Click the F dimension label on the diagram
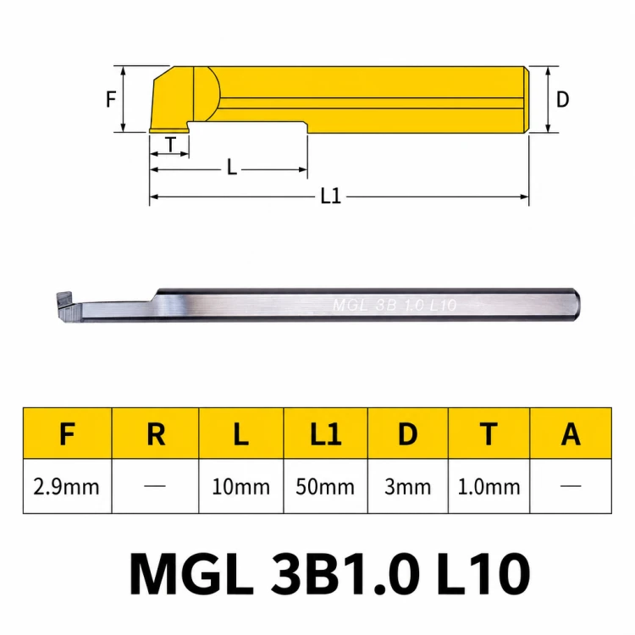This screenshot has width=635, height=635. [111, 99]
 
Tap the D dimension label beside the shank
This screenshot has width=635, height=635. [562, 99]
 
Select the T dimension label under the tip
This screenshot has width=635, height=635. [171, 144]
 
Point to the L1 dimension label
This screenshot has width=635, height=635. [331, 196]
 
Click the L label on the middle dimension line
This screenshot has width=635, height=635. [232, 167]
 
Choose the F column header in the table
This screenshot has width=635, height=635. [67, 434]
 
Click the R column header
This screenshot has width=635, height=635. [156, 434]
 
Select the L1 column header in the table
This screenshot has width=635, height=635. [326, 434]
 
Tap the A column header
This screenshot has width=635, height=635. [571, 434]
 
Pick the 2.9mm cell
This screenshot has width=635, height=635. [66, 487]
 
